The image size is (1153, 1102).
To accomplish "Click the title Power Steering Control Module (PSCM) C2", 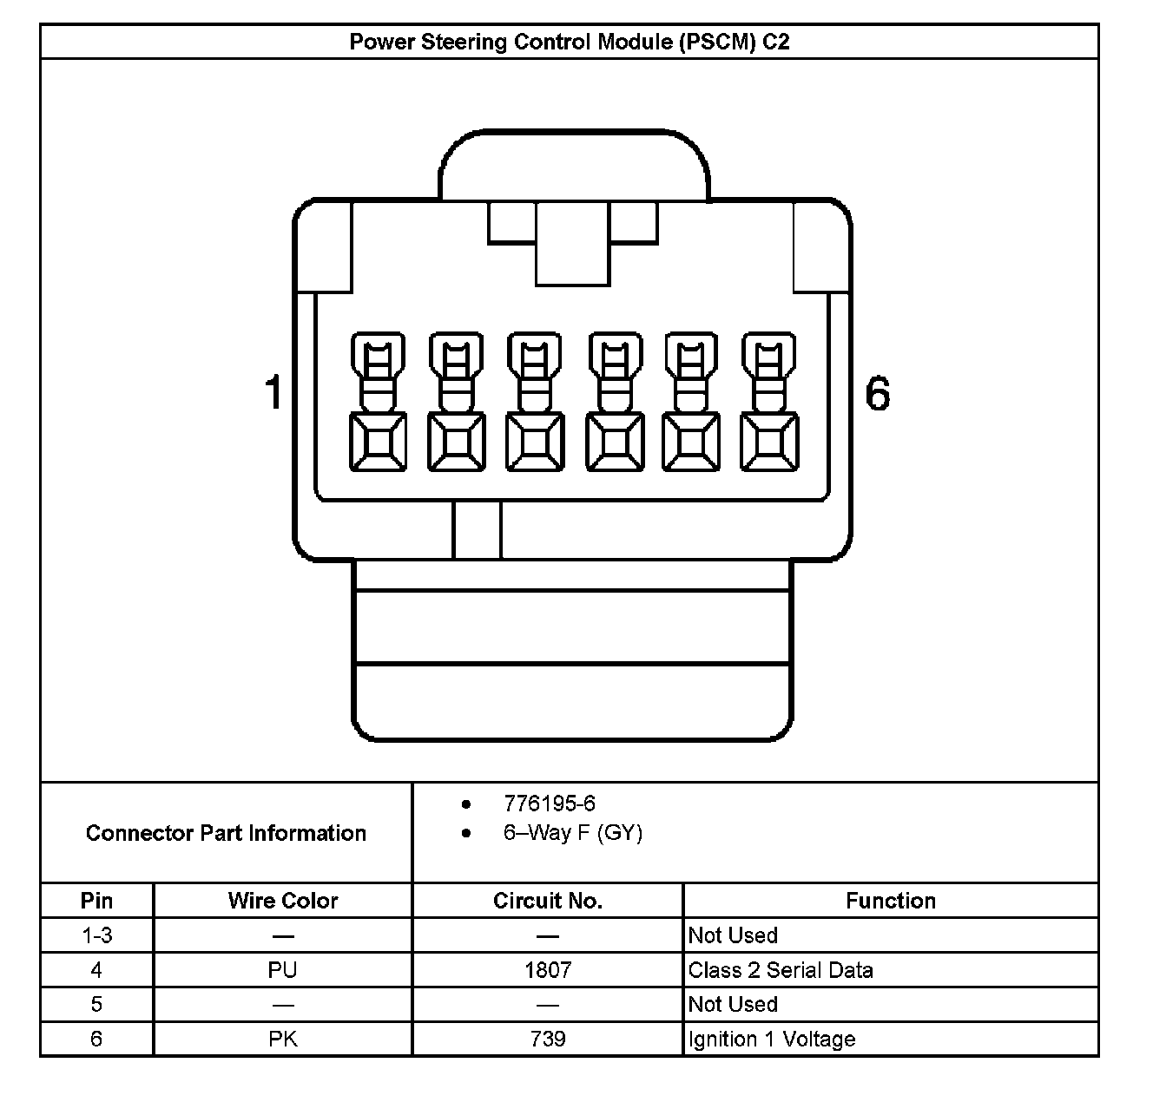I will (570, 42).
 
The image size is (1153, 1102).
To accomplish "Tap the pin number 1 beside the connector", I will (273, 392).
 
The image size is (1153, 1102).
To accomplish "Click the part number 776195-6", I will (550, 804).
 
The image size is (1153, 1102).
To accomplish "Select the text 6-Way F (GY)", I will (572, 833).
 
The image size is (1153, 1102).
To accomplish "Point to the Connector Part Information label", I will (226, 833).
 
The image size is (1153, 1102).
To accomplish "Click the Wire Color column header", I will (283, 901).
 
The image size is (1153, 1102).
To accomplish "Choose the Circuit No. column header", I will (547, 901).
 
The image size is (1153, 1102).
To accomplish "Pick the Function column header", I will (891, 901).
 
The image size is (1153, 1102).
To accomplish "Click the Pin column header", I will (96, 901).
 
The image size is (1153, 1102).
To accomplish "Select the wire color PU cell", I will (283, 970).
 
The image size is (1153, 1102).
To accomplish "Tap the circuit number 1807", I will (548, 970).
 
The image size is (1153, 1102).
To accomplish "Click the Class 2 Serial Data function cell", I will (781, 970).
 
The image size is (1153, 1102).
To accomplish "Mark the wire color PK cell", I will (283, 1039).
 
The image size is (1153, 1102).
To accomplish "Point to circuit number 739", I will (548, 1039).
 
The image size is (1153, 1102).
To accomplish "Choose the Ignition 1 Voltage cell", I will (772, 1039).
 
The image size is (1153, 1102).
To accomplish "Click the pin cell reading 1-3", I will (96, 935).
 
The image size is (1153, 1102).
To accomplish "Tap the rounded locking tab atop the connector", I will (575, 165).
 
